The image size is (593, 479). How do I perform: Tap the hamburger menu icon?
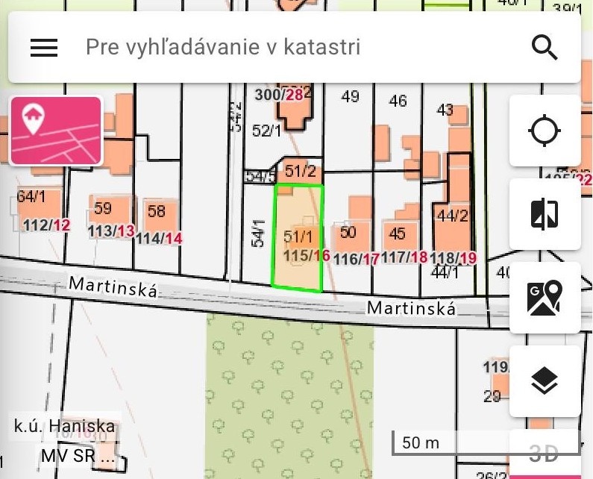(44, 48)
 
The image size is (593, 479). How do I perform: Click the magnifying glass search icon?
(545, 48)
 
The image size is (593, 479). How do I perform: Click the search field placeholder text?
(223, 48)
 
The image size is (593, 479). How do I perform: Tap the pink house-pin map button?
(56, 131)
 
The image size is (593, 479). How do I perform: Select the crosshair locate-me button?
(545, 131)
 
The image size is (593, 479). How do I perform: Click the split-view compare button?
(545, 214)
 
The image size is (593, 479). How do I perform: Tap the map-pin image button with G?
(545, 298)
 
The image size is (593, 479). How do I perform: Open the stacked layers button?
(545, 381)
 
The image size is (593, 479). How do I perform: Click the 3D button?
(544, 453)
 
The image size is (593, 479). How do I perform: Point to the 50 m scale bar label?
(421, 442)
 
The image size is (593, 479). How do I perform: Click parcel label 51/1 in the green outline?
(298, 237)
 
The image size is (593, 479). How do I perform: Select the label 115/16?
(307, 255)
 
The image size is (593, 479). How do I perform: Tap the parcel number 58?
(156, 211)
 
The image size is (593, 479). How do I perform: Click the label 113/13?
(111, 231)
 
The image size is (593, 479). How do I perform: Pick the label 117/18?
(406, 257)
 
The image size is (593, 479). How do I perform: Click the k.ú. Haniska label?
(65, 428)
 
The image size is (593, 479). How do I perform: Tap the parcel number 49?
(350, 96)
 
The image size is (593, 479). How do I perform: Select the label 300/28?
(279, 95)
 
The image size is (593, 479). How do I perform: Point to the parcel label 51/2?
(301, 171)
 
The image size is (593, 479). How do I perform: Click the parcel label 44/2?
(452, 216)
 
